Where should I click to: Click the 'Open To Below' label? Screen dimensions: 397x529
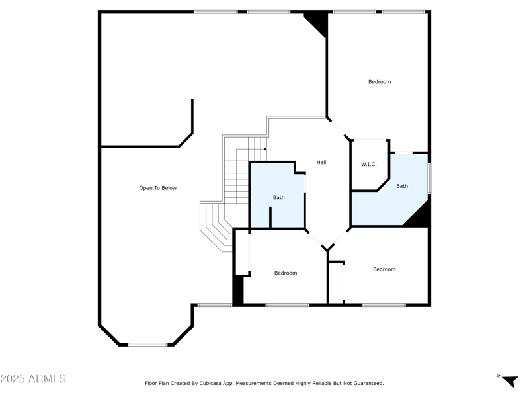157,188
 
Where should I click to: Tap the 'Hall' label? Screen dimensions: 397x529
321,162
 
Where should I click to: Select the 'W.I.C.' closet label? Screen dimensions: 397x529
368,164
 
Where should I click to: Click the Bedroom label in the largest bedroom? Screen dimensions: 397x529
380,82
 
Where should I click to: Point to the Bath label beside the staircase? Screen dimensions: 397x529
279,197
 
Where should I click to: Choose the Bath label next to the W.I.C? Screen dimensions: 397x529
402,186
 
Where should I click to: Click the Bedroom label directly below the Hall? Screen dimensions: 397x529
286,273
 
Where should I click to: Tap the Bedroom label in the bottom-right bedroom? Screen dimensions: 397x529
384,269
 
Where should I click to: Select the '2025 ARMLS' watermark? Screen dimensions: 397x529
33,379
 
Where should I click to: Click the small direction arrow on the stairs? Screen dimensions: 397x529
264,149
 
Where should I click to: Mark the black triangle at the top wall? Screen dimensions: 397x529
317,24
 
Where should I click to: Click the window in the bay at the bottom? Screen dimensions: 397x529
147,344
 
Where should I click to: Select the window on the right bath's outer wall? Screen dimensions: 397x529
429,178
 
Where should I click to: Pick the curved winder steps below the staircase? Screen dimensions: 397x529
216,225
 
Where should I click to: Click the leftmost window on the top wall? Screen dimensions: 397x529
216,11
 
